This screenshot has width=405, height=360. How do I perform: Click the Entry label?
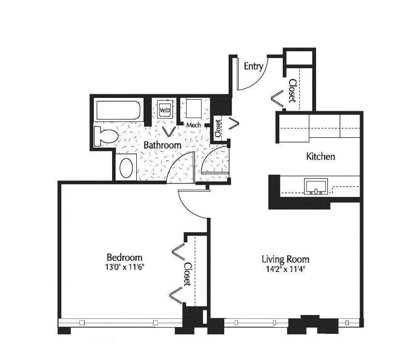coord(253,66)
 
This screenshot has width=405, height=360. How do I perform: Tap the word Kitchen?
coord(320,156)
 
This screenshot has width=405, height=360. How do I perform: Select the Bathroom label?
coord(162,145)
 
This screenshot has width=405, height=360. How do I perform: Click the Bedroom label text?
coord(125,257)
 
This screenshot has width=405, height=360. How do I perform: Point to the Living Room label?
coord(286,259)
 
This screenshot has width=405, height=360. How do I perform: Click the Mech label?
coord(193,125)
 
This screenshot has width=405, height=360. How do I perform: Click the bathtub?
coord(118,110)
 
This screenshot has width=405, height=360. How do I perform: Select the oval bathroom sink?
coord(126,167)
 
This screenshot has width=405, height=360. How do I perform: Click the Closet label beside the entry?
coord(292,90)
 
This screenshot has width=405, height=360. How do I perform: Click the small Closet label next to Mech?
coord(218,128)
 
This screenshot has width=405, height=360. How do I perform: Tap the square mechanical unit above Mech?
coord(193,108)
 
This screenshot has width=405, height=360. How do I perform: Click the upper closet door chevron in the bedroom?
coord(178,252)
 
